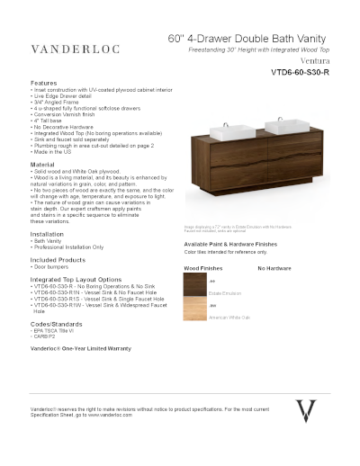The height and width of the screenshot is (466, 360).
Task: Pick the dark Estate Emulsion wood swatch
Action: pyautogui.click(x=196, y=287)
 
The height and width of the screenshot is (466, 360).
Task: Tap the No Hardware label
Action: pyautogui.click(x=274, y=268)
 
